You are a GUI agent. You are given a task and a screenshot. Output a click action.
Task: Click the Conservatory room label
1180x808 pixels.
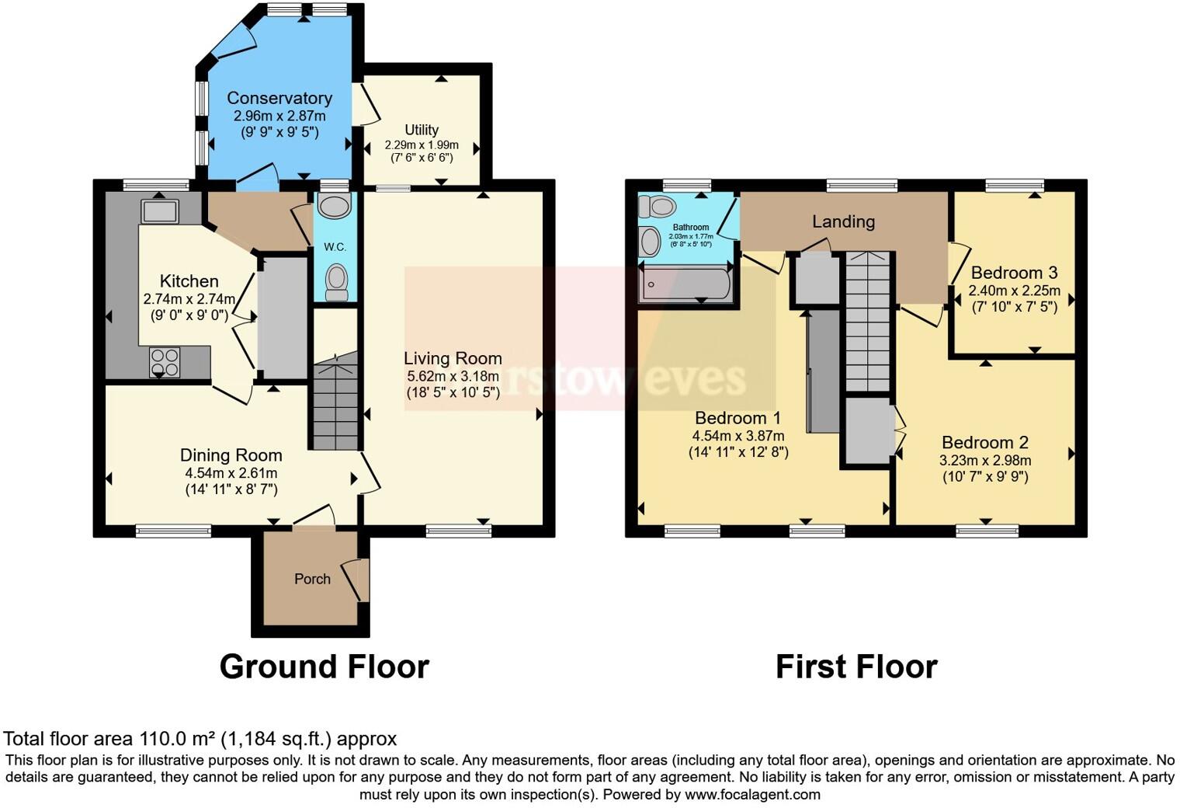coord(279,98)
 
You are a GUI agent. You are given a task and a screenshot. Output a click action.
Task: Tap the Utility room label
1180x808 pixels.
coord(422,130)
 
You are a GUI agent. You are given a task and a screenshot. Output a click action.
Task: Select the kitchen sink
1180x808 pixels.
coord(160,211)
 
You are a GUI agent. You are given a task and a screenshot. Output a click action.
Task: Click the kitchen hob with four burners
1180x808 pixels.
coord(165,362)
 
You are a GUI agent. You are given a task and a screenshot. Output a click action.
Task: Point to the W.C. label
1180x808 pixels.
coord(335,247)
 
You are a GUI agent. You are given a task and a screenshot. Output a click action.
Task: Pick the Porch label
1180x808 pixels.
coord(312,579)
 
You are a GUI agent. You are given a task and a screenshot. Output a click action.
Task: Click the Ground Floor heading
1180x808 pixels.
coord(324,667)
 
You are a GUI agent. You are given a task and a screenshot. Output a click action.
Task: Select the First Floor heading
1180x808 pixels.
coord(856,667)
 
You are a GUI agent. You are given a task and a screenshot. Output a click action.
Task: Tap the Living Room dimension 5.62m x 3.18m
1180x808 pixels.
coord(453,376)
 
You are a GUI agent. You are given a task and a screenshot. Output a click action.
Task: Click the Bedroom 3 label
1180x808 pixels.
coord(1014,273)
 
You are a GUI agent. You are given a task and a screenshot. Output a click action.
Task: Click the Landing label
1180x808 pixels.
coord(843,221)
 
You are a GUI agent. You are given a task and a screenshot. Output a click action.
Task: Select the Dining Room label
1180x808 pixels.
coord(231,455)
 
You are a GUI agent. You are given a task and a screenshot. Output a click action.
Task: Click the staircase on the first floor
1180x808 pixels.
coord(867,322)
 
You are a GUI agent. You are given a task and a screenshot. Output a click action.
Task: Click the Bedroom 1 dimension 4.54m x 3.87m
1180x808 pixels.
coord(738,436)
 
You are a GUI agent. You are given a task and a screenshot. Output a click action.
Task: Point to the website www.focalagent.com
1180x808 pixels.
coord(752,795)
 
